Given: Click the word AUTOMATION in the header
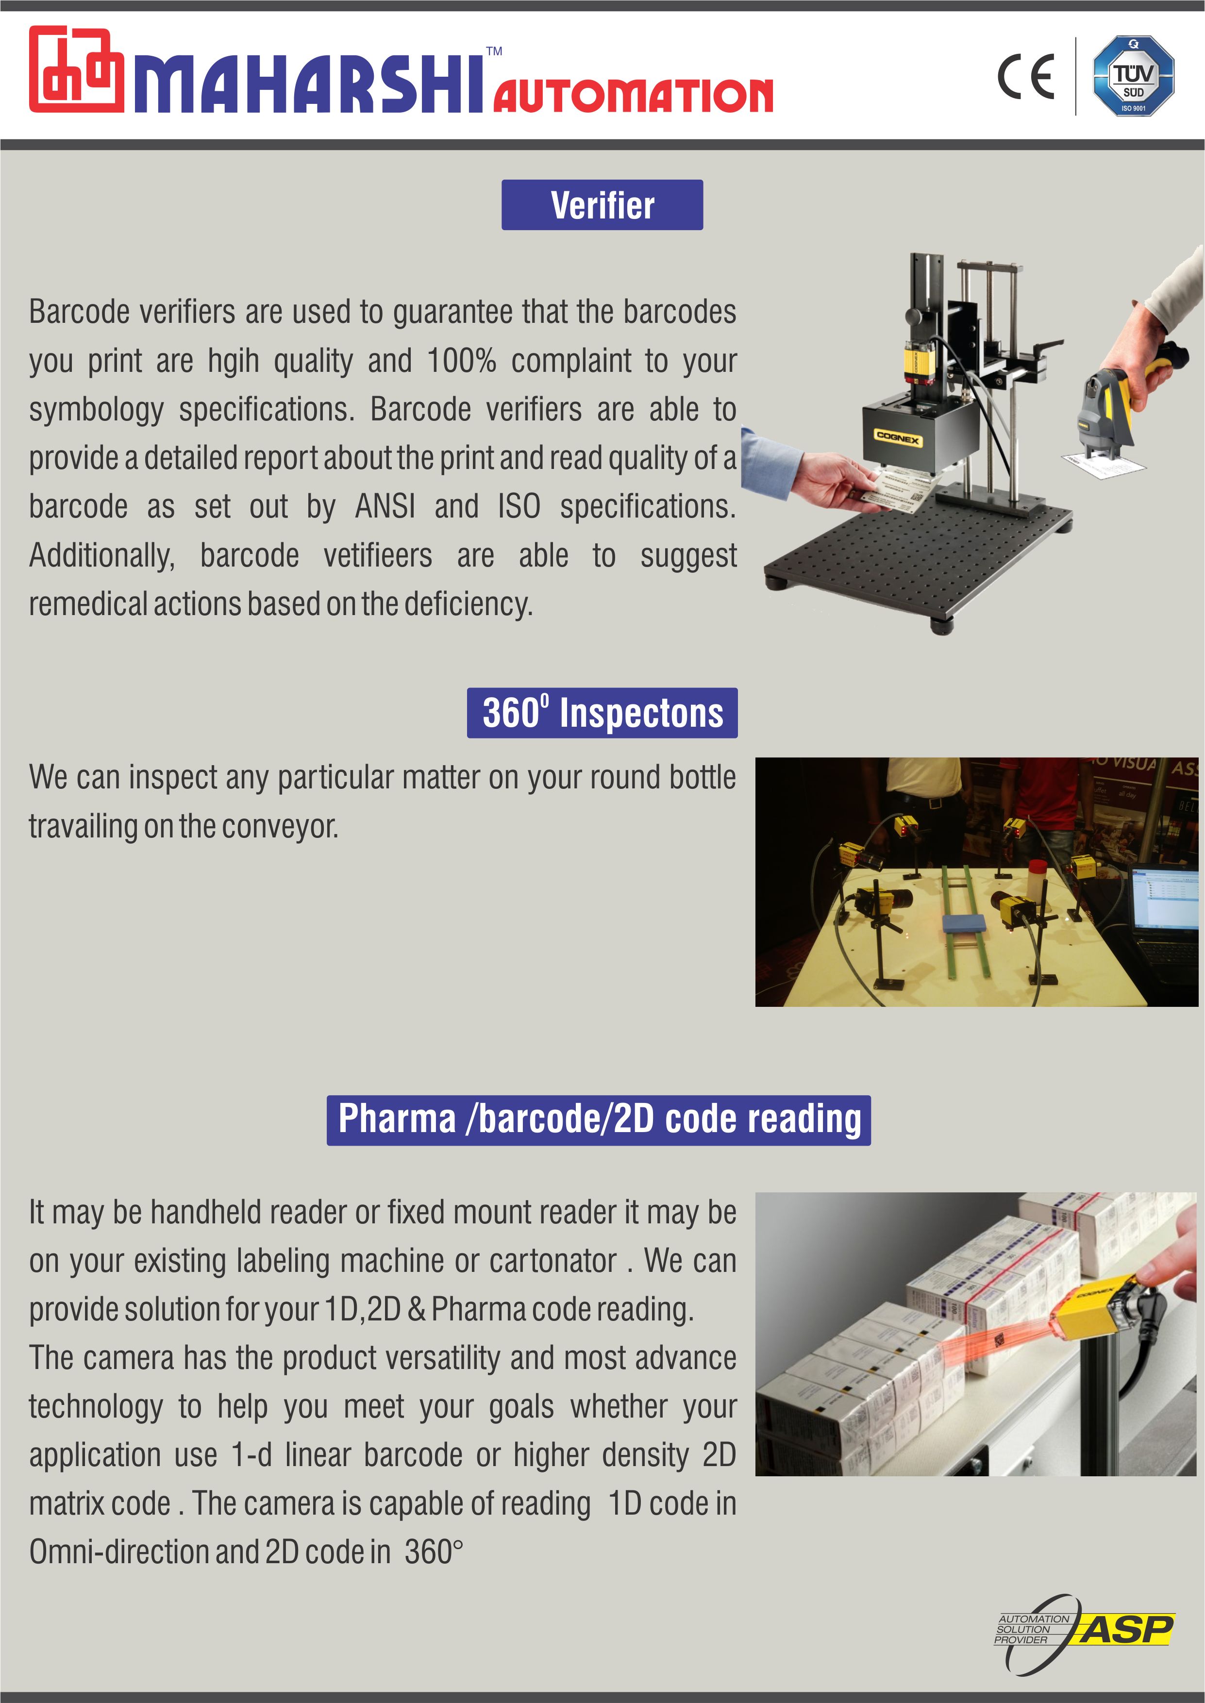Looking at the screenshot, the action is (x=634, y=96).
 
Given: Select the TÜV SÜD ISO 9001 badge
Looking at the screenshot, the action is (x=1133, y=76).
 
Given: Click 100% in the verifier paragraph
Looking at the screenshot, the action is (x=462, y=361).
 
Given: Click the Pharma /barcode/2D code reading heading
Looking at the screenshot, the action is (x=599, y=1120).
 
